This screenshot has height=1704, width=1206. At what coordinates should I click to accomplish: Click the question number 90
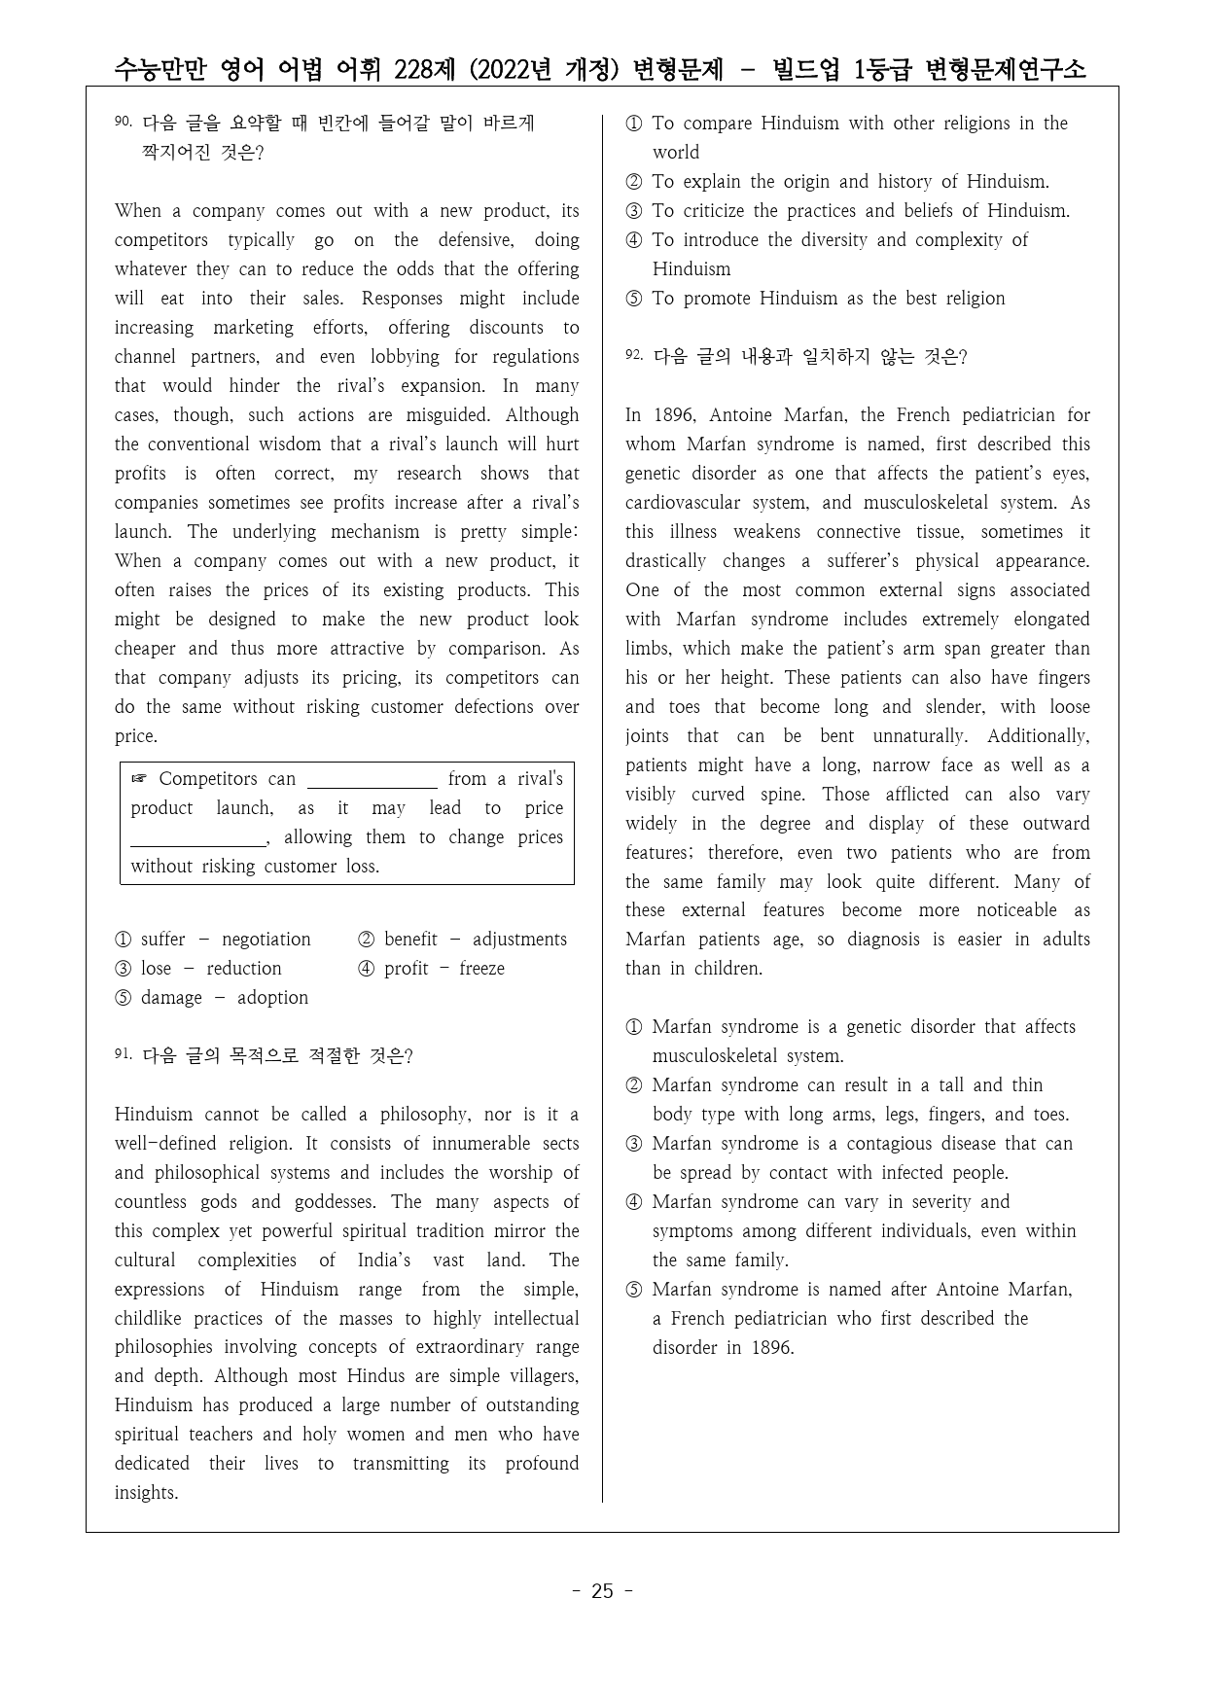[x=123, y=122]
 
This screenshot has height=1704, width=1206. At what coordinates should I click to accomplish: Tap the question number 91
[x=123, y=1054]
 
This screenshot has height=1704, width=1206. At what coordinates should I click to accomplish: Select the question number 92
[x=634, y=355]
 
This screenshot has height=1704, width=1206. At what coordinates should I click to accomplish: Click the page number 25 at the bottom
[x=602, y=1591]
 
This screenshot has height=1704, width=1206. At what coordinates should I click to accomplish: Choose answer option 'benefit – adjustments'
[x=463, y=940]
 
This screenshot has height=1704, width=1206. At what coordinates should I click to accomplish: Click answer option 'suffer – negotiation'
[x=213, y=940]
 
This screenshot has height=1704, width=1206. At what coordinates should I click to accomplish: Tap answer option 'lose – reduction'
[x=198, y=969]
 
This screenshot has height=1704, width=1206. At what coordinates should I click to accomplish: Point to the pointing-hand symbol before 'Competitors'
[x=139, y=779]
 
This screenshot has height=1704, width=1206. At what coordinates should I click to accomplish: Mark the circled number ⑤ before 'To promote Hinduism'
[x=634, y=299]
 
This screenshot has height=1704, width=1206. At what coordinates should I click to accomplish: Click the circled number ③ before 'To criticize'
[x=634, y=211]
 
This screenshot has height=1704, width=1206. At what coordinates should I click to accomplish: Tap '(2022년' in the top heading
[x=511, y=69]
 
